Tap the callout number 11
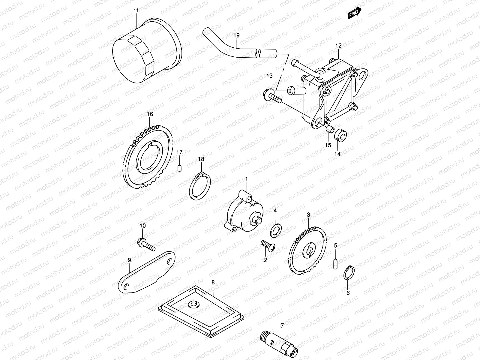click(x=136, y=10)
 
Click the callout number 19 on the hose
click(x=236, y=35)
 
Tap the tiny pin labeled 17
click(x=179, y=168)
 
